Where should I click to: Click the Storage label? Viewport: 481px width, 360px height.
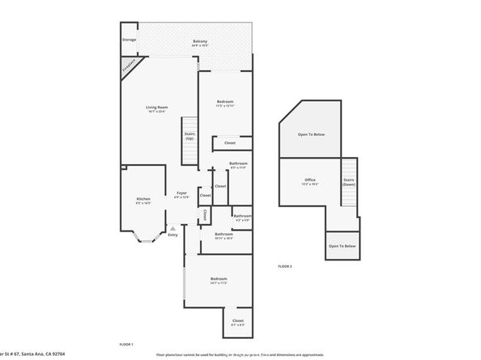click(x=129, y=39)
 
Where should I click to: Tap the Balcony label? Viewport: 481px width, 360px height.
click(x=200, y=42)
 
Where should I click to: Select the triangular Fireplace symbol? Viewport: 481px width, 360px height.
click(x=127, y=65)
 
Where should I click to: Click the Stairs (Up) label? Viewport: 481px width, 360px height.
click(x=189, y=136)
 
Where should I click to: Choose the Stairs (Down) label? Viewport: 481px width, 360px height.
click(x=348, y=182)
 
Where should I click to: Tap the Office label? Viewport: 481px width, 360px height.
click(x=310, y=180)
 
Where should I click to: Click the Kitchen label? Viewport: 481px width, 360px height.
click(x=143, y=199)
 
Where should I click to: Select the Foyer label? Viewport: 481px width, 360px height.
click(x=182, y=194)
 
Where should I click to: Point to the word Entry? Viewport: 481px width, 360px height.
click(x=172, y=235)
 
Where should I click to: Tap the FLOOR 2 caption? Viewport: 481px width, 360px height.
click(x=284, y=266)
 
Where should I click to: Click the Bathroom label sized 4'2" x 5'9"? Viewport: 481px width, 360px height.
click(x=242, y=216)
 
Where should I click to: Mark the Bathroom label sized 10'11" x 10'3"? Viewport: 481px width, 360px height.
click(x=224, y=235)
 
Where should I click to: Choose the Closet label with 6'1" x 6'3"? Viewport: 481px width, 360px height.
click(x=237, y=320)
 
